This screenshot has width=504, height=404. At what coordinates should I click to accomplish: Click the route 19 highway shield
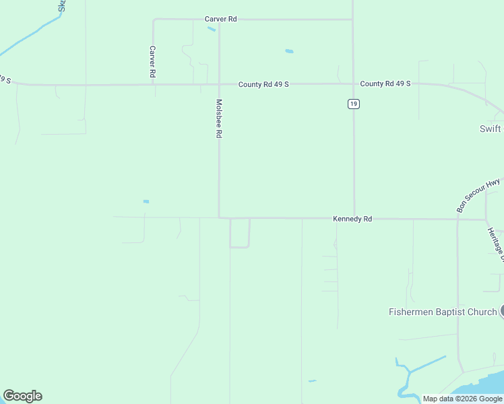[x=354, y=104]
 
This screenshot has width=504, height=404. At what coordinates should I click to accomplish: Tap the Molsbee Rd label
[x=219, y=119]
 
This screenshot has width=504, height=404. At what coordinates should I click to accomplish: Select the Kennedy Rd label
[x=352, y=219]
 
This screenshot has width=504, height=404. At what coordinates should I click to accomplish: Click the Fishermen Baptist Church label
[x=443, y=312]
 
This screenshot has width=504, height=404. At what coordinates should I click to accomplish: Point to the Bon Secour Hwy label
[x=478, y=195]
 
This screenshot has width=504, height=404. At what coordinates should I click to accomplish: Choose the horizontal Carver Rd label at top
[x=220, y=19]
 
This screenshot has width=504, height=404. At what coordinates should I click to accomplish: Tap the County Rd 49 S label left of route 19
[x=263, y=84]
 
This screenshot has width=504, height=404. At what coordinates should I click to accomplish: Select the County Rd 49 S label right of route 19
[x=385, y=83]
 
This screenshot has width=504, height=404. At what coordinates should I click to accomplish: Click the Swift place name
[x=491, y=129]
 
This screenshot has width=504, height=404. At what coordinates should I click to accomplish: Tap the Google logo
[x=22, y=396]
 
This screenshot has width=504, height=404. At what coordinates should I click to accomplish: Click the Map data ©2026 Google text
[x=462, y=399]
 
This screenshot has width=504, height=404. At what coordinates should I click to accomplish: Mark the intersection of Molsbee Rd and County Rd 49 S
[x=219, y=84]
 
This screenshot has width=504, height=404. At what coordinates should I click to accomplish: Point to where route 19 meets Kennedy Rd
[x=354, y=218]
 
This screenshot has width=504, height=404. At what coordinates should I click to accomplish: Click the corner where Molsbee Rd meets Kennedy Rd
[x=219, y=217]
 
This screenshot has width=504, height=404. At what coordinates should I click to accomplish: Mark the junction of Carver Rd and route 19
[x=353, y=20]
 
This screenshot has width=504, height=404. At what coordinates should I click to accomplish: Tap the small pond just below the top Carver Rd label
[x=212, y=29]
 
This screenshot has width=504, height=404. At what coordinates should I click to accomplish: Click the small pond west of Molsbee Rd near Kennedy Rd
[x=146, y=201]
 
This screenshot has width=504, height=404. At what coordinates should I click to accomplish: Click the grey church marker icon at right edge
[x=502, y=311]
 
